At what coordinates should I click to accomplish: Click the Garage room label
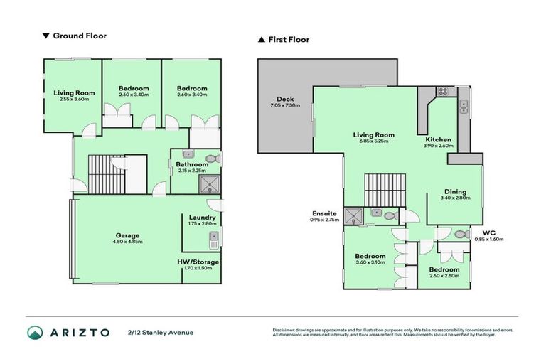[128, 235]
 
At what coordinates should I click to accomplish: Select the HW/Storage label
[198, 262]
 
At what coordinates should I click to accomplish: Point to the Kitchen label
[438, 139]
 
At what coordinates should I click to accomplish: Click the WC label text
[488, 232]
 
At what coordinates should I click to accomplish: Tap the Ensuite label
[323, 213]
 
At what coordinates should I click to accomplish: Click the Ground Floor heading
[80, 35]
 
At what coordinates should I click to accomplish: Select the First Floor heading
[289, 40]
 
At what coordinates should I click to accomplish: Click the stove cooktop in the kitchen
[441, 91]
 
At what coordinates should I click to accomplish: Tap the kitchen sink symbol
[464, 106]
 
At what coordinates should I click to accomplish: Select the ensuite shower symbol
[353, 215]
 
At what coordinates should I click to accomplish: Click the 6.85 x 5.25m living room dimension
[374, 141]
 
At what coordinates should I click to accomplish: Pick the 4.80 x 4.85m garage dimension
[128, 242]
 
